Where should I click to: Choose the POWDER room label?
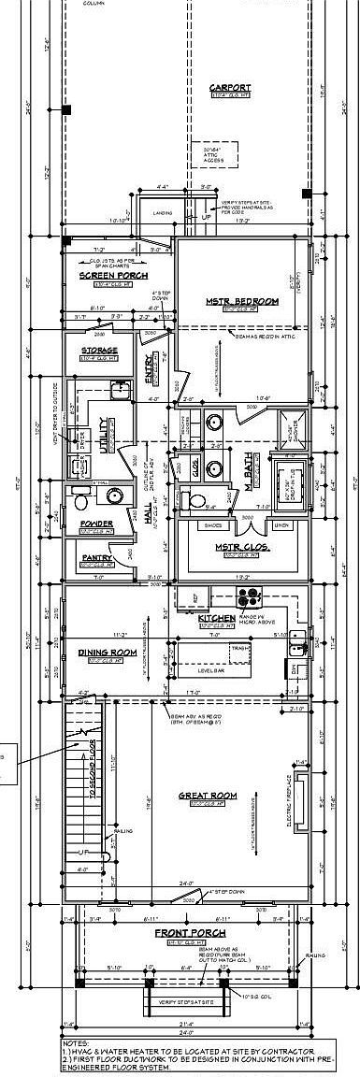96,524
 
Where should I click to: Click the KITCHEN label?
216,618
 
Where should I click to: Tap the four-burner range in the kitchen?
249,597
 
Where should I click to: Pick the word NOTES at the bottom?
75,1041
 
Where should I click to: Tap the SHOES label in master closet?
209,524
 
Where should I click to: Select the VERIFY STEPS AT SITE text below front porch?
178,1001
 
